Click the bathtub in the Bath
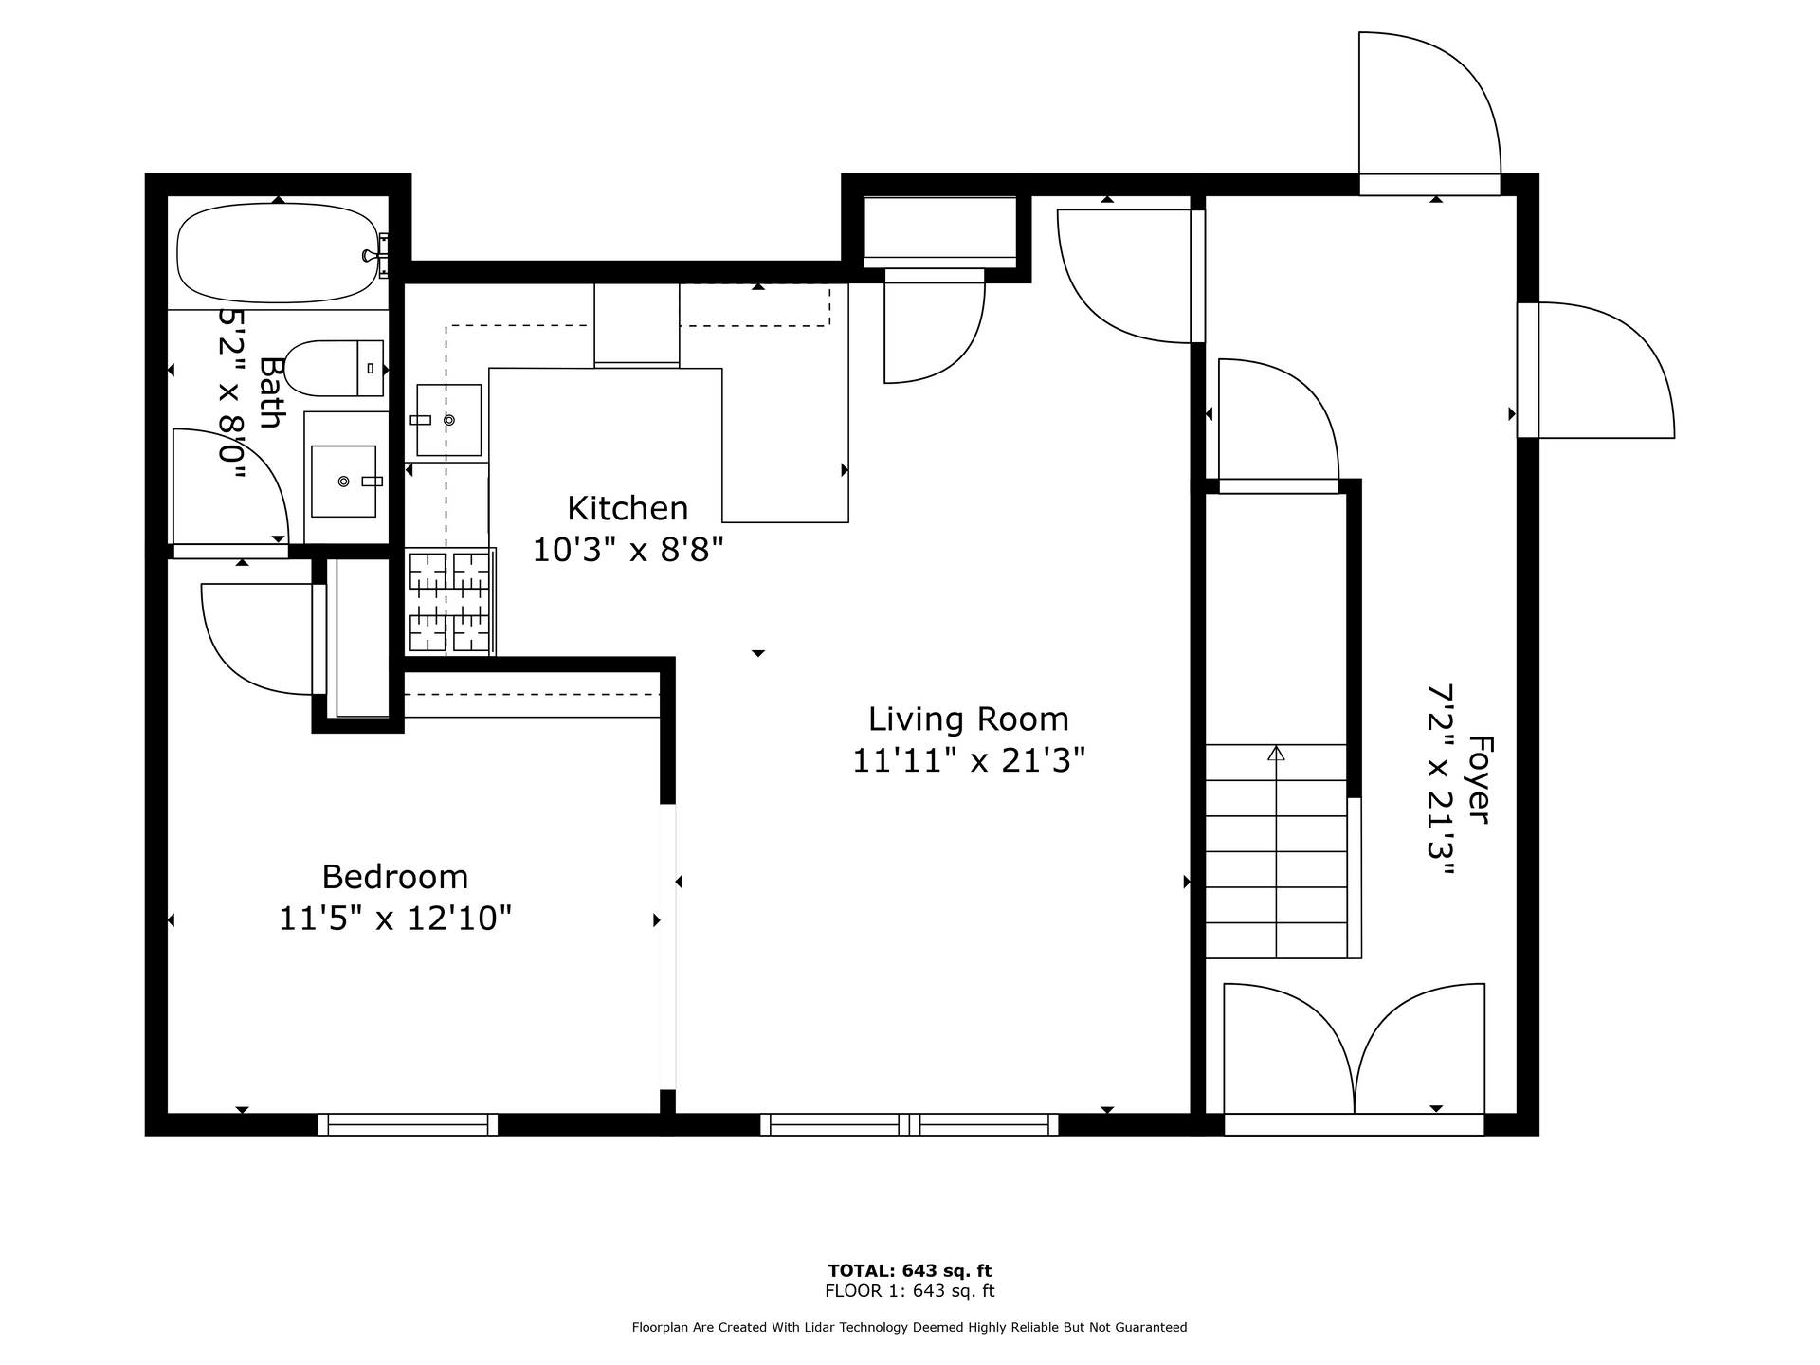tap(277, 252)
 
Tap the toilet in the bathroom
tap(334, 369)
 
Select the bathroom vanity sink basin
tap(343, 482)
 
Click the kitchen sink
tap(448, 420)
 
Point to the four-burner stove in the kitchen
tap(450, 603)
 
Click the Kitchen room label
tap(628, 509)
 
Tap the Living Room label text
tap(968, 719)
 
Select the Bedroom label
tap(395, 877)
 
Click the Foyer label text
tap(1479, 779)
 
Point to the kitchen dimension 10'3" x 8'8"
tap(628, 550)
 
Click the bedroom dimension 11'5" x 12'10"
tap(395, 919)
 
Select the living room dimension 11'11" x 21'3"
tap(968, 760)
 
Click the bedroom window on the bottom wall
tap(408, 1124)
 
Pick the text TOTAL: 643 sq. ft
tap(910, 1271)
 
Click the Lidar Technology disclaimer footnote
tap(910, 1328)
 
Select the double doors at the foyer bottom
tap(1355, 1048)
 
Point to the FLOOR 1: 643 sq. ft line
tap(910, 1291)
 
